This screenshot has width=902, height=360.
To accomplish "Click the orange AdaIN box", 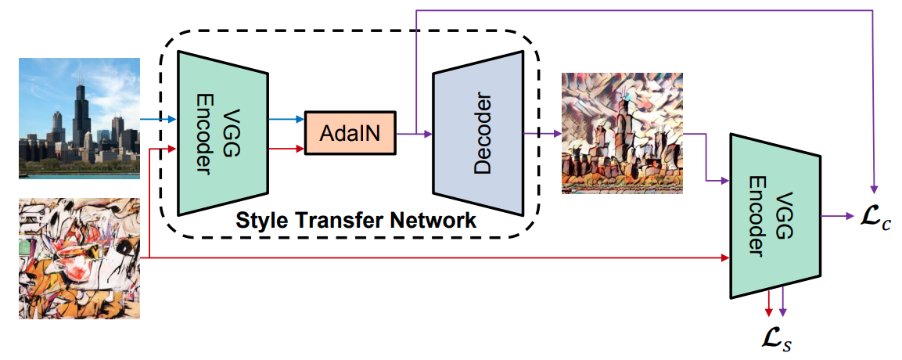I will pyautogui.click(x=349, y=134).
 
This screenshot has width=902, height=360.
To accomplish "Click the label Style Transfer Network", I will pyautogui.click(x=356, y=221).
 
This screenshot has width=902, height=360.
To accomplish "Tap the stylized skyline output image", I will pyautogui.click(x=622, y=133).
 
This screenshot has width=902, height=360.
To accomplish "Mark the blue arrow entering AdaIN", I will pyautogui.click(x=286, y=121).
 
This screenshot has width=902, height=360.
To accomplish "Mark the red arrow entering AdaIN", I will pyautogui.click(x=286, y=148).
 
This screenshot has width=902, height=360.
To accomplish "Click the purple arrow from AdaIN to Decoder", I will pyautogui.click(x=413, y=134).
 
